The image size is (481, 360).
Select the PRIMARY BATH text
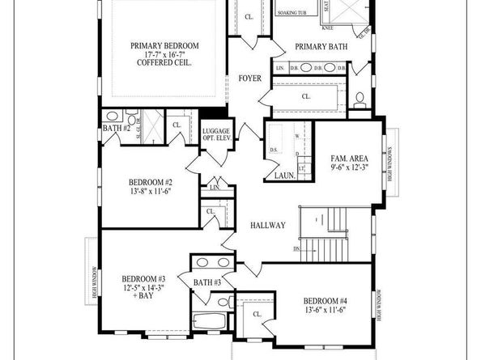pos(321,46)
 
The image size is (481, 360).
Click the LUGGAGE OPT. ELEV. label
pos(217,135)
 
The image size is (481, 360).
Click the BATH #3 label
pos(208,282)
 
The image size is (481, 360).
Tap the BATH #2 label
pos(116,129)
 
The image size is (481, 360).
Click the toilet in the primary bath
pos(360,100)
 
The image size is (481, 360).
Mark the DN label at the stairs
pos(297,248)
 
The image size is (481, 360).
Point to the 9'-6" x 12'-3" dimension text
pos(350,167)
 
